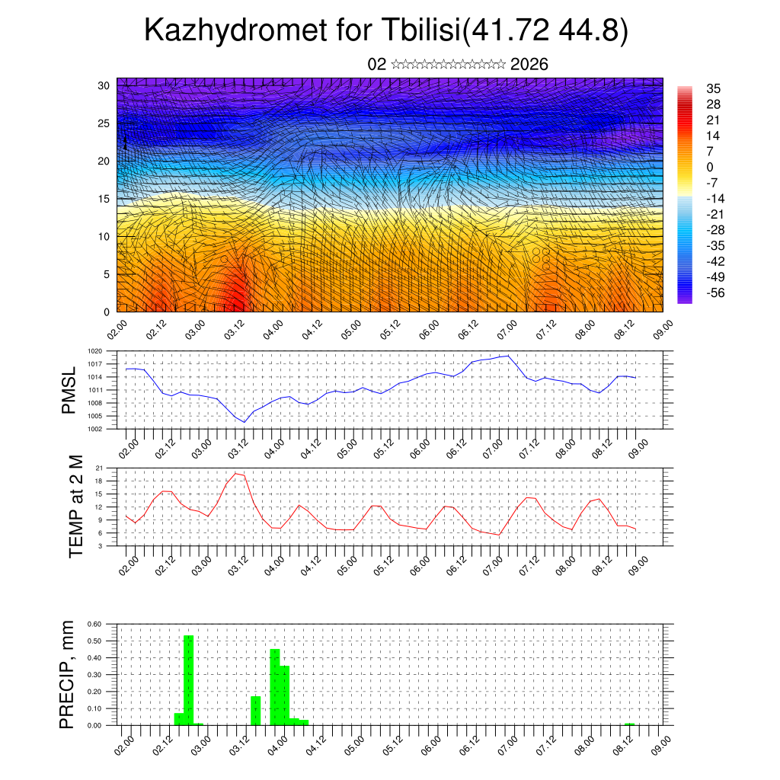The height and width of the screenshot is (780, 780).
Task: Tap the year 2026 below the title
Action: [529, 64]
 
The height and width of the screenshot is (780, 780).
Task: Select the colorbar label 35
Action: [714, 88]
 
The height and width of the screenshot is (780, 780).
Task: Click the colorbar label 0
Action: [710, 167]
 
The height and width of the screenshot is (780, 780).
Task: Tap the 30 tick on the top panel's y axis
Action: [103, 85]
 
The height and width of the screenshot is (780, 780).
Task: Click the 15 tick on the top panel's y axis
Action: [103, 199]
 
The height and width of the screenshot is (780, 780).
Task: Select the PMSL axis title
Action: [69, 389]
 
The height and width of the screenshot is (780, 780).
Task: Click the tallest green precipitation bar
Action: [188, 678]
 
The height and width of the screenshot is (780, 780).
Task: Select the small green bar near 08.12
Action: [629, 724]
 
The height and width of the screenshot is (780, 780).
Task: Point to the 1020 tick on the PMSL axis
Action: [94, 351]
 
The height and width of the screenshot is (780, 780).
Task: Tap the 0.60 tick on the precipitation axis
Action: [94, 624]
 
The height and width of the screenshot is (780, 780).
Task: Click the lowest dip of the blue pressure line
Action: [245, 422]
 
